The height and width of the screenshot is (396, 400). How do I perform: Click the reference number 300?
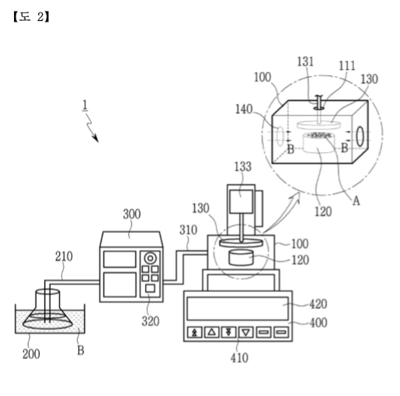(x=132, y=214)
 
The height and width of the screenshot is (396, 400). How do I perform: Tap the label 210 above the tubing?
(x=64, y=256)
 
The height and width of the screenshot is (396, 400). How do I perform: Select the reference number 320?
(x=151, y=321)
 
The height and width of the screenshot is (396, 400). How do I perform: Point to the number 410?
(x=239, y=358)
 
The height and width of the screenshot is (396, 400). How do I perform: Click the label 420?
(x=318, y=304)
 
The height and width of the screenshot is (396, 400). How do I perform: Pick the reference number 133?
(x=243, y=167)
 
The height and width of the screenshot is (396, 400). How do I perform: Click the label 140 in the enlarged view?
(x=244, y=109)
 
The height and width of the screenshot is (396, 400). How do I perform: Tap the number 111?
(x=347, y=66)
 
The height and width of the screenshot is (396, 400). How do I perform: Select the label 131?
(x=305, y=62)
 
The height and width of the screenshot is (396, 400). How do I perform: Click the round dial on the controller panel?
(x=150, y=259)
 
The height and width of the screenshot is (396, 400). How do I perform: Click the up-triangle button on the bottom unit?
(x=212, y=332)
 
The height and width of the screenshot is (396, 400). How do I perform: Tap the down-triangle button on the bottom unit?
(x=246, y=332)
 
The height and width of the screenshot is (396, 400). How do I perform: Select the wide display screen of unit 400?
(x=238, y=309)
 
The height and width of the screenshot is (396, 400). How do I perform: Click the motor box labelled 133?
(x=241, y=201)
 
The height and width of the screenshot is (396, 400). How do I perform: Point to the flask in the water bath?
(x=47, y=310)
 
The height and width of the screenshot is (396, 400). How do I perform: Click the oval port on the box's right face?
(x=360, y=136)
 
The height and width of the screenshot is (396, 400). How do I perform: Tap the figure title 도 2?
(x=31, y=17)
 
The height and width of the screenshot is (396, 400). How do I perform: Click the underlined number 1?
(x=85, y=106)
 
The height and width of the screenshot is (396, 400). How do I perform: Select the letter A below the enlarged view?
(x=357, y=200)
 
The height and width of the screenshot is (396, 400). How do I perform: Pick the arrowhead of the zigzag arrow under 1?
(x=96, y=139)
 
